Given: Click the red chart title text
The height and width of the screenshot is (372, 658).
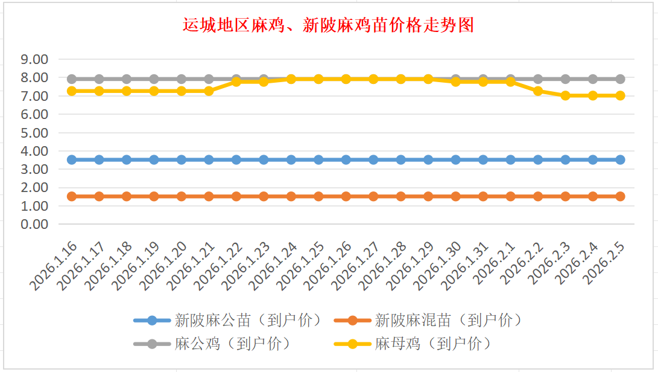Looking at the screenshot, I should click(328, 25).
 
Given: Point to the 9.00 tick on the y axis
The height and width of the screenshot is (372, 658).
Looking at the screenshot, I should click(34, 59).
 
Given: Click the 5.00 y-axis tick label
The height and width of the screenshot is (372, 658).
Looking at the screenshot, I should click(34, 132).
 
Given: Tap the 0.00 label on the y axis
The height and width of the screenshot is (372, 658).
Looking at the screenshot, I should click(34, 224).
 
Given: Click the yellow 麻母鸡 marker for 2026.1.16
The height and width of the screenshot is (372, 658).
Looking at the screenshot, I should click(72, 91).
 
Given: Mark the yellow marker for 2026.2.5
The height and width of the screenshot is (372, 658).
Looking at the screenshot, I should click(620, 95).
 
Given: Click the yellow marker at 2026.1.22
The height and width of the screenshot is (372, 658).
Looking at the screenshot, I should click(236, 82).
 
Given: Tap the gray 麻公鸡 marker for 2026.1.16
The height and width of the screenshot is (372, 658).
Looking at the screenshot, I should click(72, 79).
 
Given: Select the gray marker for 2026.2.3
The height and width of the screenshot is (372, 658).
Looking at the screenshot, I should click(565, 79).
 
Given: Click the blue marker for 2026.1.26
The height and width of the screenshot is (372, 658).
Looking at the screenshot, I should click(346, 159).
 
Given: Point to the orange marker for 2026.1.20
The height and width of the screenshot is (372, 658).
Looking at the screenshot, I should click(182, 196).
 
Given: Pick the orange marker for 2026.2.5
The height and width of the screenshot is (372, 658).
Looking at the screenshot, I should click(620, 196).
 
